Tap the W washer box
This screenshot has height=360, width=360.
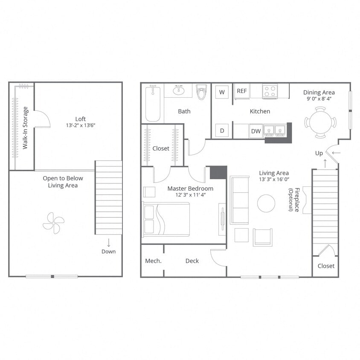pyautogui.click(x=222, y=91)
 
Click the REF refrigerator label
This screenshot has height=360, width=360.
pyautogui.click(x=242, y=91)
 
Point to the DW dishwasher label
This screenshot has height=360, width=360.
pyautogui.click(x=256, y=131)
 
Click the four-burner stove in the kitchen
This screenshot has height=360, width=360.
pyautogui.click(x=270, y=91)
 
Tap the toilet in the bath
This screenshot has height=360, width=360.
pyautogui.click(x=201, y=92)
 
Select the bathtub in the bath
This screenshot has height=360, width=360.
pyautogui.click(x=152, y=103)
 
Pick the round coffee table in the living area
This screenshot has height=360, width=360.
pyautogui.click(x=266, y=203)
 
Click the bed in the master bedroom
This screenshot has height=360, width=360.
pyautogui.click(x=166, y=219)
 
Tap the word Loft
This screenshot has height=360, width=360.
pyautogui.click(x=81, y=119)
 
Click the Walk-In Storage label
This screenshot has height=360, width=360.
pyautogui.click(x=26, y=128)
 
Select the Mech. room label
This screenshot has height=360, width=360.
pyautogui.click(x=153, y=261)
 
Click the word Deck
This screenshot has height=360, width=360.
pyautogui.click(x=192, y=261)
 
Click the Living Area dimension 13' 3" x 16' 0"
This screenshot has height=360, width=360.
pyautogui.click(x=274, y=180)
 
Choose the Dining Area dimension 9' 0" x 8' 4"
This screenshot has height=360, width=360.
pyautogui.click(x=319, y=99)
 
